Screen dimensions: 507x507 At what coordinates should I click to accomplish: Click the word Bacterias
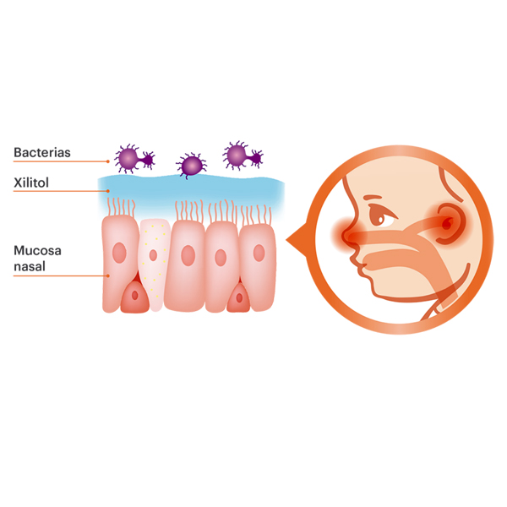pyautogui.click(x=41, y=153)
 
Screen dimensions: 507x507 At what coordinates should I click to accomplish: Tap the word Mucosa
pyautogui.click(x=36, y=251)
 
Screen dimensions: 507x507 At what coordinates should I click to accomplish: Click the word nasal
pyautogui.click(x=30, y=266)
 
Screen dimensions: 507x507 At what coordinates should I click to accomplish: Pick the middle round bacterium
pyautogui.click(x=192, y=165)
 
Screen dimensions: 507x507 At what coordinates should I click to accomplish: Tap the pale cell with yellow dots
pyautogui.click(x=154, y=262)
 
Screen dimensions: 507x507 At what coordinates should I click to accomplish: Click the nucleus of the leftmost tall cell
pyautogui.click(x=119, y=253)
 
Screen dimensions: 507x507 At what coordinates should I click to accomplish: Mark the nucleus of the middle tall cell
pyautogui.click(x=188, y=254)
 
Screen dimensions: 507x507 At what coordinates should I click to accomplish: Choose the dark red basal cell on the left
pyautogui.click(x=132, y=297)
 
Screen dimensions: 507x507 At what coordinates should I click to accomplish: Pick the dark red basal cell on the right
pyautogui.click(x=240, y=297)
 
